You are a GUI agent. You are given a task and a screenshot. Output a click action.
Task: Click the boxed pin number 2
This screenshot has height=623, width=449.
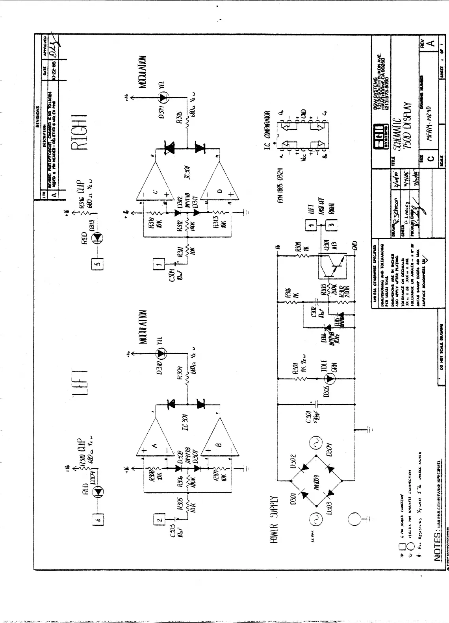(x=159, y=519)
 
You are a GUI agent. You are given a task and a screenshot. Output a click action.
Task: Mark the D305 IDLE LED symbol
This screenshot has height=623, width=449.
(x=330, y=379)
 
